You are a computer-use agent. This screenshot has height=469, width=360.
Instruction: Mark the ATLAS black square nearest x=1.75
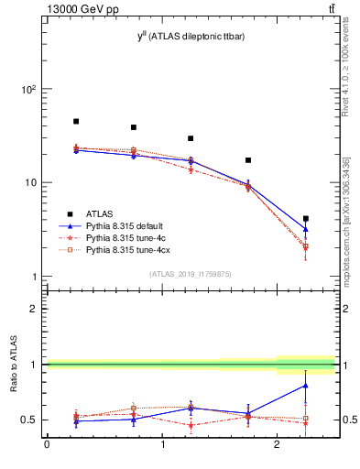coord(248,160)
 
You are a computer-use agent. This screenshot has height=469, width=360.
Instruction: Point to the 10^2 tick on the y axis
coord(27,90)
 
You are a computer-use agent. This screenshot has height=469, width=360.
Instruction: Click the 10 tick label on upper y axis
coord(30,183)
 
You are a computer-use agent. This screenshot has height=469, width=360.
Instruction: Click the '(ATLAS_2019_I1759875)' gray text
coord(191,273)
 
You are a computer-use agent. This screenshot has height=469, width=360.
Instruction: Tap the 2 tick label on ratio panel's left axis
coord(34,310)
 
